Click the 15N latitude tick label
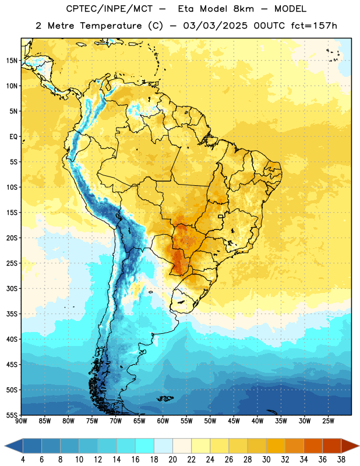pyautogui.click(x=12, y=61)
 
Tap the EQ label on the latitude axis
pyautogui.click(x=13, y=137)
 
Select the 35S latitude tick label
pyautogui.click(x=12, y=314)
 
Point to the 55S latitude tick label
pyautogui.click(x=12, y=415)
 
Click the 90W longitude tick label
pyautogui.click(x=21, y=421)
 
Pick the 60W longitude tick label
pyautogui.click(x=163, y=421)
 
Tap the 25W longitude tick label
pyautogui.click(x=328, y=421)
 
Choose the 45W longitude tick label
pyautogui.click(x=234, y=421)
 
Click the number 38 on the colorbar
pyautogui.click(x=341, y=460)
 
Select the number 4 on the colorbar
pyautogui.click(x=23, y=460)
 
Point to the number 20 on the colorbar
pyautogui.click(x=172, y=460)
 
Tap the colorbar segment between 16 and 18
pyautogui.click(x=145, y=446)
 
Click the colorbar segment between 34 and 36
pyautogui.click(x=313, y=446)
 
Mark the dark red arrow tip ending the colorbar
pyautogui.click(x=359, y=446)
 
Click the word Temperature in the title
pyautogui.click(x=111, y=26)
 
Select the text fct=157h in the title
pyautogui.click(x=314, y=26)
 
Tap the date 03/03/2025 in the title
pyautogui.click(x=215, y=26)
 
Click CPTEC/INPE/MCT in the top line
pyautogui.click(x=110, y=9)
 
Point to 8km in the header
pyautogui.click(x=243, y=9)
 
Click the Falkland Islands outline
pyautogui.click(x=165, y=398)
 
